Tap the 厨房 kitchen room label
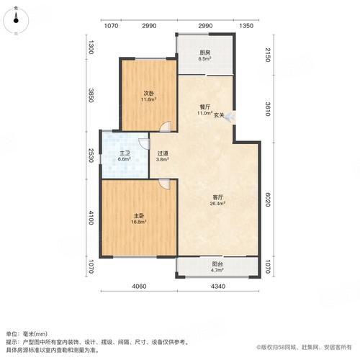click(x=204, y=53)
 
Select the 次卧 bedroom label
click(x=148, y=92)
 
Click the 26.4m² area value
click(x=217, y=204)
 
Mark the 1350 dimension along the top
click(x=246, y=27)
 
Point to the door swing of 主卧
click(x=165, y=185)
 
